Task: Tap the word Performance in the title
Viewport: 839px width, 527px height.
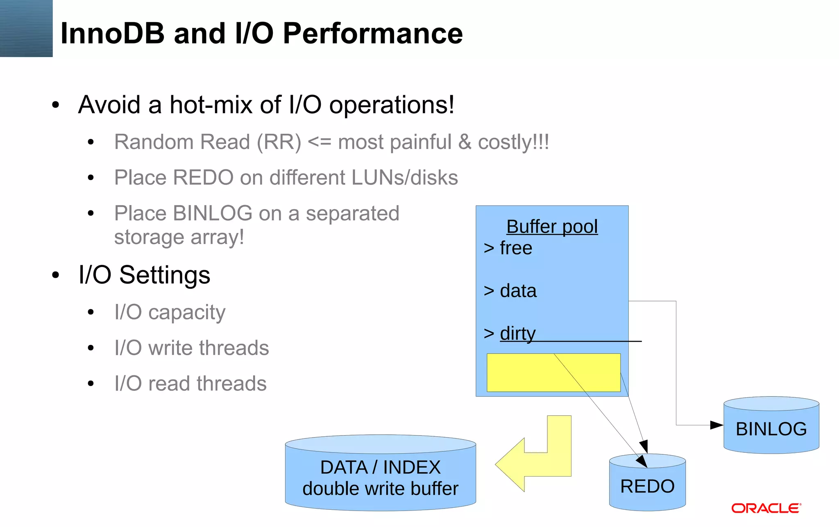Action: tap(373, 34)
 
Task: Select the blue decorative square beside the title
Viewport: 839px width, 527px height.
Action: tap(26, 28)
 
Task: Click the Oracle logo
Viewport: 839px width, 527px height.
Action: tap(766, 509)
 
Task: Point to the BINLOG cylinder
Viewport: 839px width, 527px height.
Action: tap(771, 429)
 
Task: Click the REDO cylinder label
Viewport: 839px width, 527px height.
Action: tap(647, 486)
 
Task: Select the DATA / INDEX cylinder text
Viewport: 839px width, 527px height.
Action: tap(380, 468)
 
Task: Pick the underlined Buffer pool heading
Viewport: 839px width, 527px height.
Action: tap(552, 227)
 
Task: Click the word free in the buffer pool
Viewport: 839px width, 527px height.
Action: tap(516, 249)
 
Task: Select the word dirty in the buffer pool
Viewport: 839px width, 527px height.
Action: tap(517, 333)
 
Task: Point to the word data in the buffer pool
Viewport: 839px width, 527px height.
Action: tap(518, 291)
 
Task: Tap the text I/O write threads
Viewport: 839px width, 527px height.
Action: tap(191, 348)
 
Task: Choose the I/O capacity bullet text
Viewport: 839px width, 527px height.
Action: tap(170, 313)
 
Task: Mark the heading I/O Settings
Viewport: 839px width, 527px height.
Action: tap(144, 275)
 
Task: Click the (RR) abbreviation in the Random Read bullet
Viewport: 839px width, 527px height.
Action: tap(279, 142)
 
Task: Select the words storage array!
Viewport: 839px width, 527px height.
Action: tap(179, 237)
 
